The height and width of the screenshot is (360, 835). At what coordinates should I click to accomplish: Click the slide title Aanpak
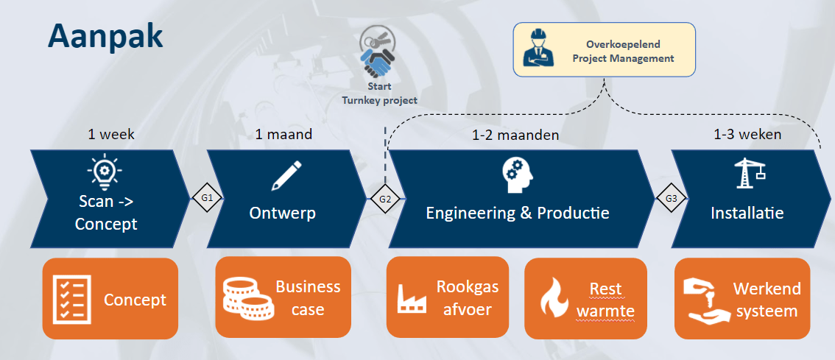(105, 38)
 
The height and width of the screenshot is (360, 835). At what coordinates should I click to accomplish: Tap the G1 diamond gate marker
(207, 198)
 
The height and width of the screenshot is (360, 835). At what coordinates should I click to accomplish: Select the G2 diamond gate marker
(385, 199)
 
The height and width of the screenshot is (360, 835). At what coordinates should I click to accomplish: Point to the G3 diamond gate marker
(672, 199)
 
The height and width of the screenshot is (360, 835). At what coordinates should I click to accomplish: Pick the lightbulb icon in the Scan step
(105, 172)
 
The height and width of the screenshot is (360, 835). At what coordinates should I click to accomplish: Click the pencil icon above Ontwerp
(286, 176)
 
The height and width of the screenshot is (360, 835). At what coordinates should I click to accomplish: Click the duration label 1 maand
(283, 134)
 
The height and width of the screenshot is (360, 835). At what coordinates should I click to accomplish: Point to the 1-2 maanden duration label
(515, 135)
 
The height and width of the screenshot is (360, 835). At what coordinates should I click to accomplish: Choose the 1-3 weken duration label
(747, 134)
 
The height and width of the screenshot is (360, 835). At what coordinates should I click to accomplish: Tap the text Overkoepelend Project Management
(623, 51)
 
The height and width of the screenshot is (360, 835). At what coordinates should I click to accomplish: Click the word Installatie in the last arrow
(747, 213)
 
